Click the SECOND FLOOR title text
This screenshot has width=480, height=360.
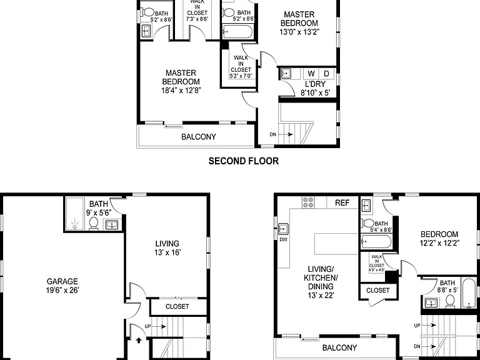point(244,161)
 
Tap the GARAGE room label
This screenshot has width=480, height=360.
point(62,281)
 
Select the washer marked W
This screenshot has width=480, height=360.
point(311,74)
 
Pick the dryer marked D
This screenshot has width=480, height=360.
point(327,74)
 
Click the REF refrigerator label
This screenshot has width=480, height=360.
point(342,203)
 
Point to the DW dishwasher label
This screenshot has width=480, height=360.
point(284,240)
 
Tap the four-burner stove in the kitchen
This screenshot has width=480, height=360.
point(308,202)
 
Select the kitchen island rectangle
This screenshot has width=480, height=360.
point(336,244)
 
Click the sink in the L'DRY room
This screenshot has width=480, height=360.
point(286,74)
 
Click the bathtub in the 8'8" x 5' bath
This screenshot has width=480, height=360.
point(468,293)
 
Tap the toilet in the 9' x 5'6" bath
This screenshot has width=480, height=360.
point(94,224)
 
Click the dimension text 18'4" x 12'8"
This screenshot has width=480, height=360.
point(181,91)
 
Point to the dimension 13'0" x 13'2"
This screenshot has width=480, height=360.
point(299,32)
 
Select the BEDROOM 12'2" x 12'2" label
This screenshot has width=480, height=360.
point(439,239)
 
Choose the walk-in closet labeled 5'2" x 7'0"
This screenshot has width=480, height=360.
point(241,67)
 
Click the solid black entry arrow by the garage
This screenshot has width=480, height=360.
point(139,339)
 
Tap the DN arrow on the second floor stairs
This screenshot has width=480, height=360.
point(286,134)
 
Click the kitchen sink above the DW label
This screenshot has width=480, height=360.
point(283,228)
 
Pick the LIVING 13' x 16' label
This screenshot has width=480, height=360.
point(167,248)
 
